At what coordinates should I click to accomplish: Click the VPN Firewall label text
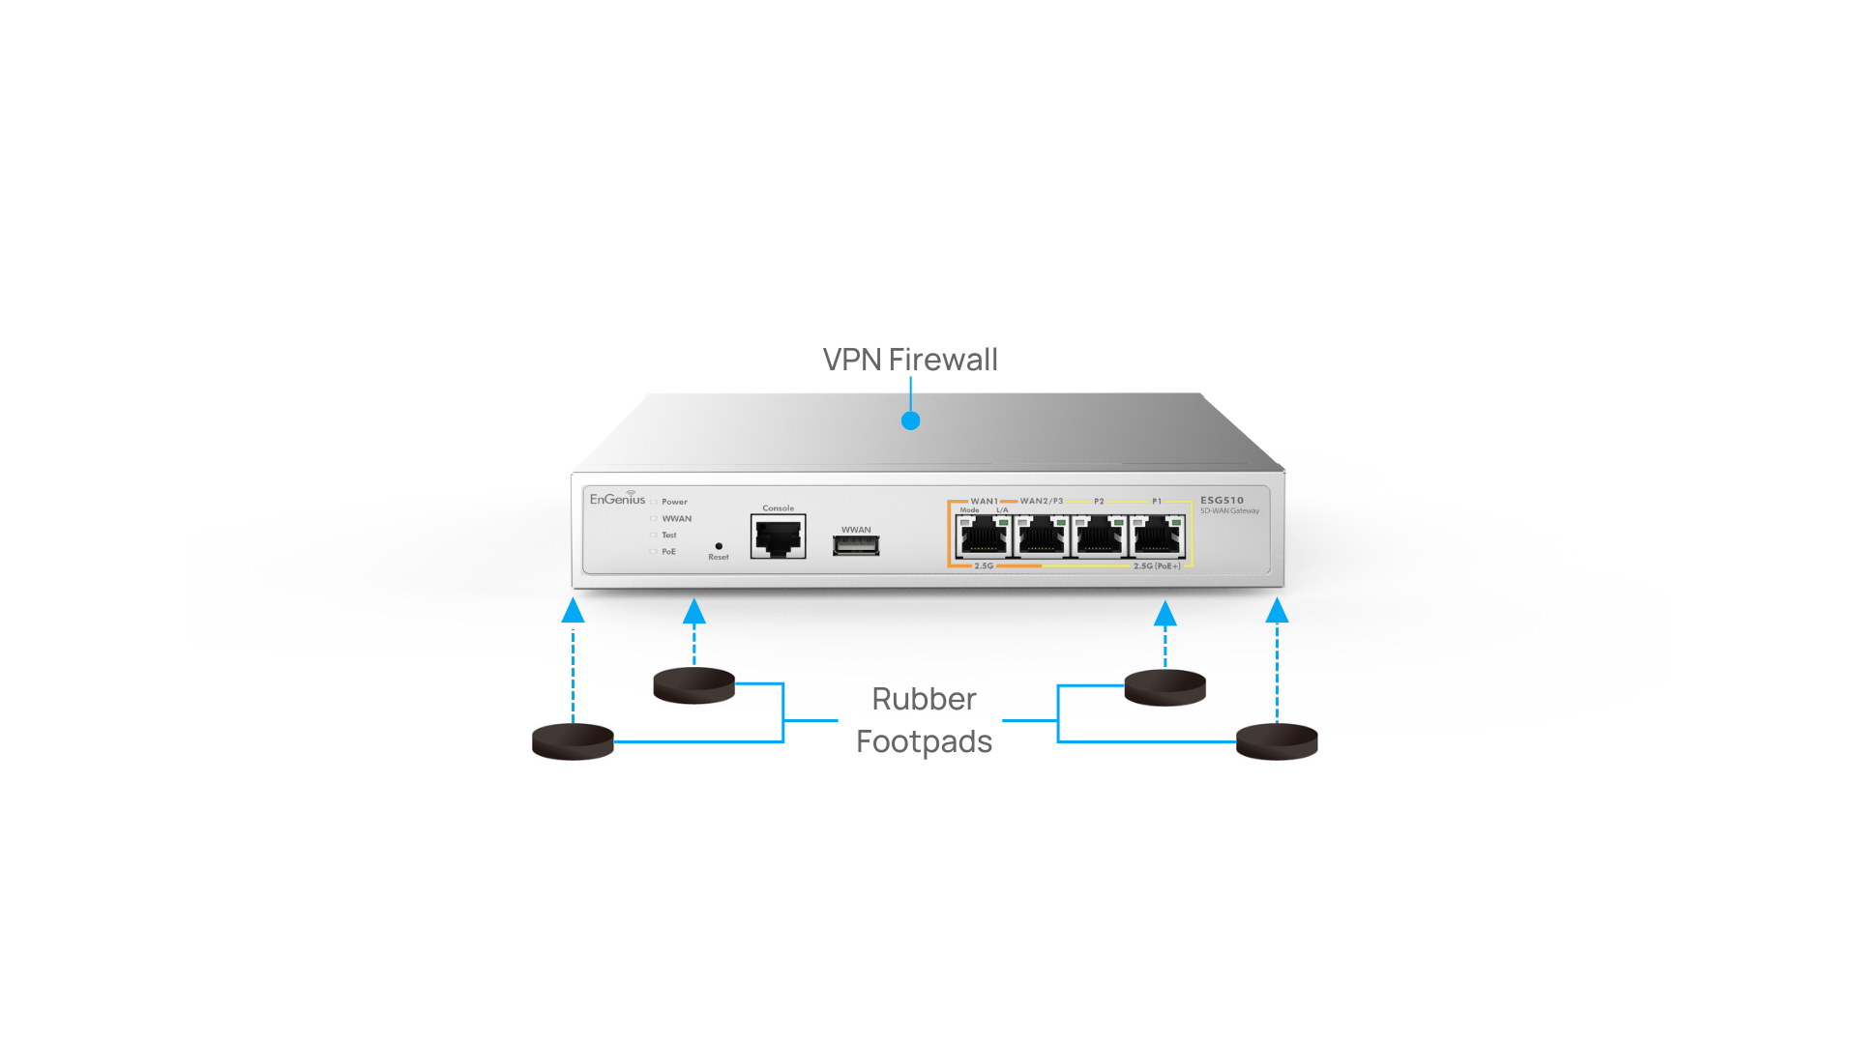909,360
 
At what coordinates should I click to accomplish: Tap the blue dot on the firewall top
910,420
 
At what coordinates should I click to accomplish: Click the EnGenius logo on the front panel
617,499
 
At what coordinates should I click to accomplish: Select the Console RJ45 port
778,536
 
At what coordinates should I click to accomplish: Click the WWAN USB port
856,546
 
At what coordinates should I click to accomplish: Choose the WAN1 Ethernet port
984,536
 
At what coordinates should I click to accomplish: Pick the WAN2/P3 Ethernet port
1042,536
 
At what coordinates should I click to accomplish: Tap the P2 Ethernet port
1100,536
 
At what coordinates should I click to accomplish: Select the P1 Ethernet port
1158,536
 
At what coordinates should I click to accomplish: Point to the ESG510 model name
1222,501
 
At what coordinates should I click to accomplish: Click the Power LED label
674,502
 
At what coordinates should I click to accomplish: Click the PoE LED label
668,552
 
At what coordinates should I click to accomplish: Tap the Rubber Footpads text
924,720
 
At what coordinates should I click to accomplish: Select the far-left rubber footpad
573,741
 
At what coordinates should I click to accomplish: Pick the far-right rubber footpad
1277,741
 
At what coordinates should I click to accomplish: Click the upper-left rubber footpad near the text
693,685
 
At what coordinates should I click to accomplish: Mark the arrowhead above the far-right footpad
1277,611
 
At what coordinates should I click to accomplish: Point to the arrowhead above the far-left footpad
573,611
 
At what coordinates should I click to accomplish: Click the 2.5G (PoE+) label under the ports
1157,566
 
